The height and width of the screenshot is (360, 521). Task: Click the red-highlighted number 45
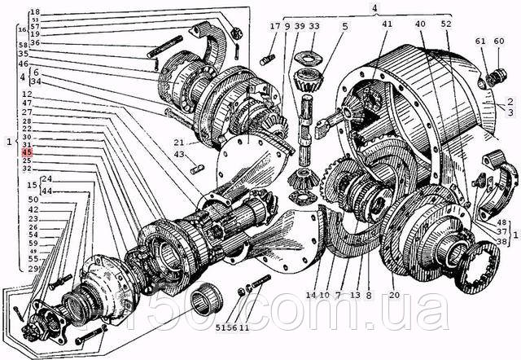point(27,153)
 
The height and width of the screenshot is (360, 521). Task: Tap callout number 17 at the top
point(275,26)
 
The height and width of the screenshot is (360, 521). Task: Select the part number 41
point(387,24)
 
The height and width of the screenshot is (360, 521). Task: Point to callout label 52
point(445,24)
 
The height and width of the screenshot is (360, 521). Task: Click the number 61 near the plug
point(480,41)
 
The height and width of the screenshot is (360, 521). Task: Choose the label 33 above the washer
point(313,26)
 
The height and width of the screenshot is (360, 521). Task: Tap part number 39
point(300,26)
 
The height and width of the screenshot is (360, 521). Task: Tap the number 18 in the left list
point(35,11)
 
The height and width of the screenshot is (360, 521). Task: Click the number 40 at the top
point(419,24)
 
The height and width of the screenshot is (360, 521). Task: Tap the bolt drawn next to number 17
point(267,59)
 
